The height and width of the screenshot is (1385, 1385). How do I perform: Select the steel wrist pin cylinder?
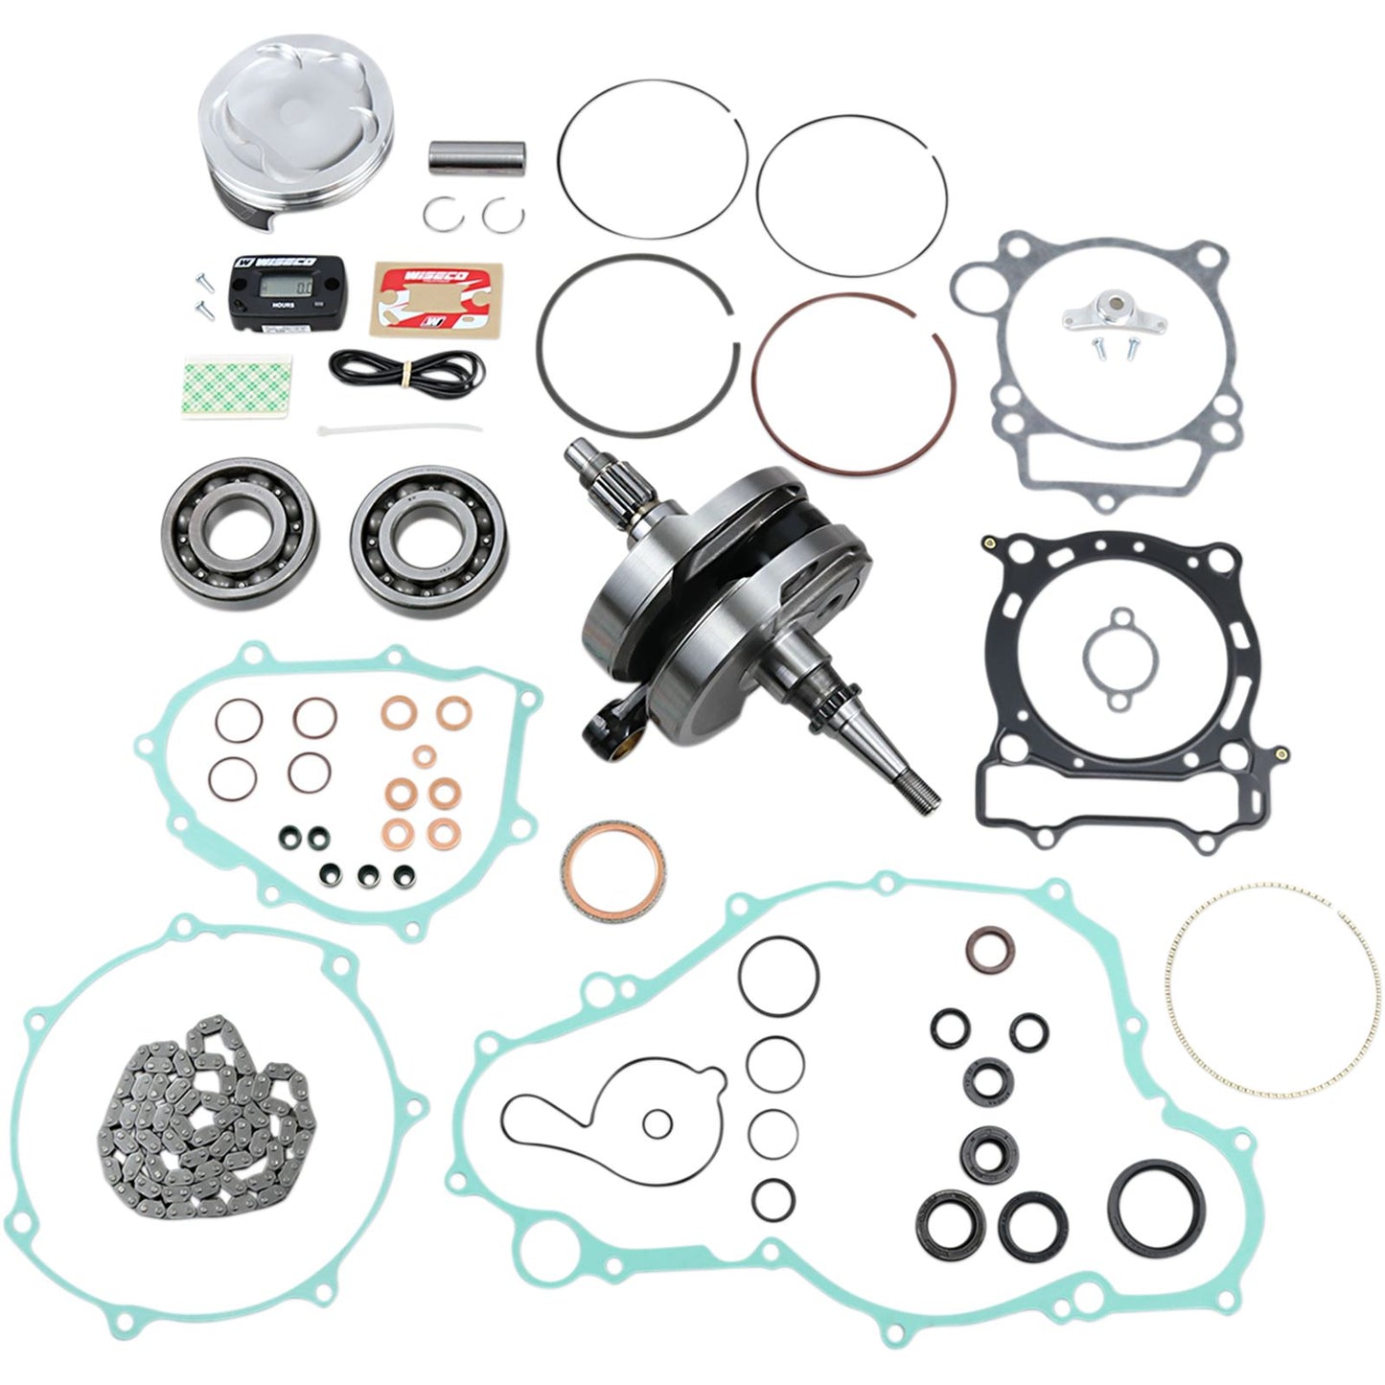coord(476,157)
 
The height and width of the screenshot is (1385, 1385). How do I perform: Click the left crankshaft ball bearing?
coord(227,524)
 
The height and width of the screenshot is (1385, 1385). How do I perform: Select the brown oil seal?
coord(988,949)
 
